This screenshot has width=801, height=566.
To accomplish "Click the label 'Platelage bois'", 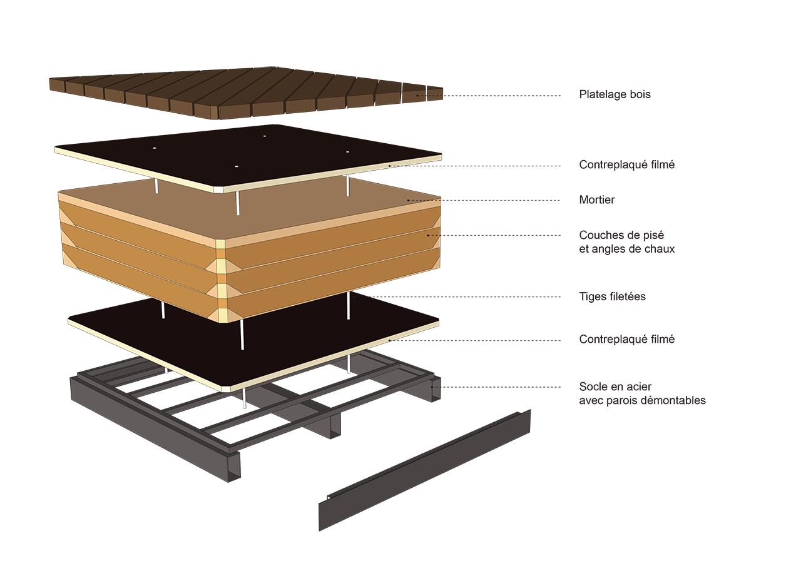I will click(x=615, y=95).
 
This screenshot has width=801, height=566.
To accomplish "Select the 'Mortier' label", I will click(x=597, y=200).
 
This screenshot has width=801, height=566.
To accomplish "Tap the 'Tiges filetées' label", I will click(x=612, y=296).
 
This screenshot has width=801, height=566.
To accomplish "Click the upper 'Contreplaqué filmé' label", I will click(x=626, y=165).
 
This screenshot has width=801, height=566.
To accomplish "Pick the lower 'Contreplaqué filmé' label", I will click(x=626, y=340).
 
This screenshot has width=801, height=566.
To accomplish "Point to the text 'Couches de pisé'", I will click(x=621, y=236).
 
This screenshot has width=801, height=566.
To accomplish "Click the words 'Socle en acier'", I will click(x=615, y=387).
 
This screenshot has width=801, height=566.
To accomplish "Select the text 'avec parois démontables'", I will click(x=642, y=400).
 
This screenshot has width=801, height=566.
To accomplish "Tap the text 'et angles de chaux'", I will click(x=627, y=249).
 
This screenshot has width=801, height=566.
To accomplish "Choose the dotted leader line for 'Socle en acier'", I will click(x=501, y=387).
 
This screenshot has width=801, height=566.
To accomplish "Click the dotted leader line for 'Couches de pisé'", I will click(x=494, y=235).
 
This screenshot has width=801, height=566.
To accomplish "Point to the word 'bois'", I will click(x=640, y=95).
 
